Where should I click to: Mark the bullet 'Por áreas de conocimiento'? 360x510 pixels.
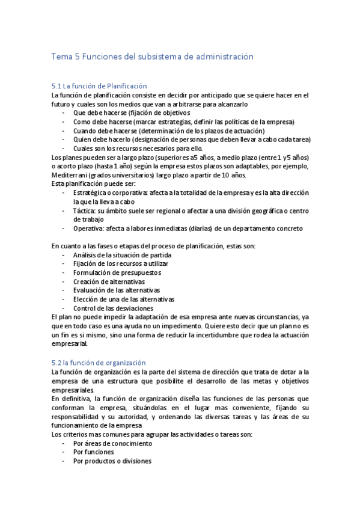(x=112, y=443)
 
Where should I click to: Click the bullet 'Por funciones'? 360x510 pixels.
(x=93, y=452)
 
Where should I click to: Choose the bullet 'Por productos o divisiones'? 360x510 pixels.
(x=112, y=461)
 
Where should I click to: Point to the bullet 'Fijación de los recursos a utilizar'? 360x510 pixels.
(x=121, y=263)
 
